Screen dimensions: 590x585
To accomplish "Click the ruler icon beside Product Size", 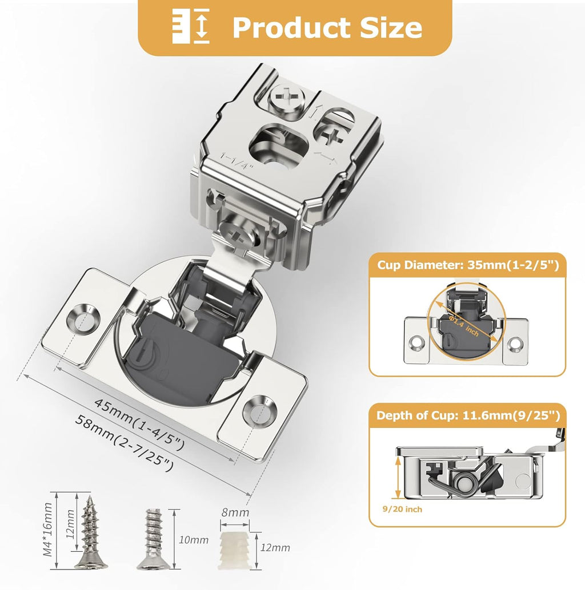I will pyautogui.click(x=191, y=26).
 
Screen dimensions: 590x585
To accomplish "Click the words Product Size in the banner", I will pyautogui.click(x=327, y=27).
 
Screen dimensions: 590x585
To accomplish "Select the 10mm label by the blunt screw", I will pyautogui.click(x=189, y=539).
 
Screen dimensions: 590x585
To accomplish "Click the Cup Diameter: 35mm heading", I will pyautogui.click(x=467, y=265).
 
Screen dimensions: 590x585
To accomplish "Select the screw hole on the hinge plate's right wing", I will pyautogui.click(x=259, y=411).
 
